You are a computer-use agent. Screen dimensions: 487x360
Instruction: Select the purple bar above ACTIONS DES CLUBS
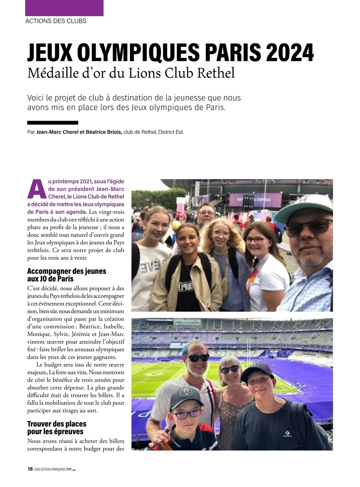[x=64, y=8]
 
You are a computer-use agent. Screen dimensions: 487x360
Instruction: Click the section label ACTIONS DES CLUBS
[x=56, y=21]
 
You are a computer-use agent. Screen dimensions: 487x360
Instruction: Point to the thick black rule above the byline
[x=52, y=123]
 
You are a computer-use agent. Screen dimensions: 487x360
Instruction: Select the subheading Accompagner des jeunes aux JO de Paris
[x=67, y=275]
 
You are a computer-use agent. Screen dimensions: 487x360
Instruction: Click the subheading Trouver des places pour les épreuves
[x=57, y=428]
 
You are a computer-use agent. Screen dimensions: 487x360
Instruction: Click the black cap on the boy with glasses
[x=184, y=397]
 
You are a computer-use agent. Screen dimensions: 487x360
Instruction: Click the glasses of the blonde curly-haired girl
[x=220, y=233]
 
